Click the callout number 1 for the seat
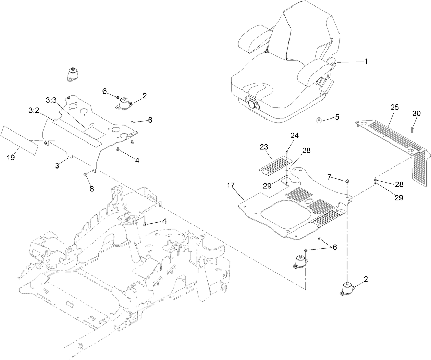366,62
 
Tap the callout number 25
394,107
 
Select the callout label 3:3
51,100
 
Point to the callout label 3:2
34,111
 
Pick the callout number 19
11,157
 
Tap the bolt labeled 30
412,129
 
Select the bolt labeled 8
84,175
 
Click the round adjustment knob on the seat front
253,103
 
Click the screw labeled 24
286,151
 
